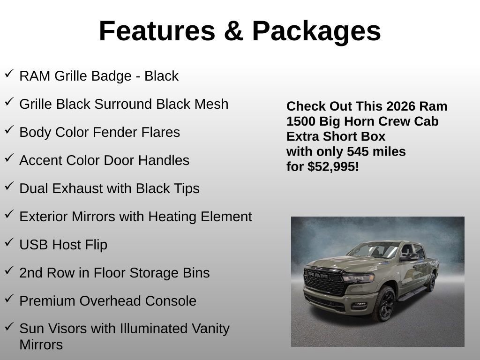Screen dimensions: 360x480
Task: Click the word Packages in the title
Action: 316,32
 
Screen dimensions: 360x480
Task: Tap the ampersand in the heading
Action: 233,31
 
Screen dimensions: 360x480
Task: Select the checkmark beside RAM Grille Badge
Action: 9,74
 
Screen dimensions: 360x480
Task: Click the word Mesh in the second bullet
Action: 211,104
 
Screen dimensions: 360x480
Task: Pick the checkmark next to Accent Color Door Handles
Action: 9,158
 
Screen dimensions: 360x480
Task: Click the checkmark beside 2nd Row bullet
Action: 9,270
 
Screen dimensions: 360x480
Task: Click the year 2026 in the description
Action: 401,106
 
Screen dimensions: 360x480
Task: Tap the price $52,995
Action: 333,166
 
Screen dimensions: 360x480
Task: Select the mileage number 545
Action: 358,151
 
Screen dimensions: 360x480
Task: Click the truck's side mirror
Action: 409,256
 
